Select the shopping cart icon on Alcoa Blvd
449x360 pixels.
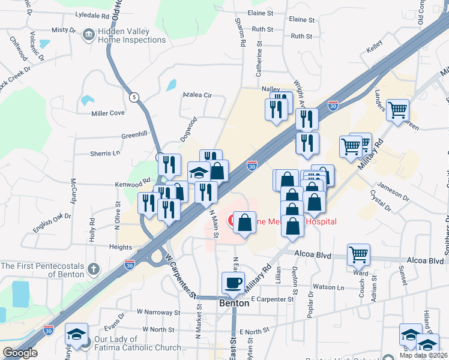click(358, 254)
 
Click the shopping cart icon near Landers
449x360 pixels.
click(397, 110)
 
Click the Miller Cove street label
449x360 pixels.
click(108, 113)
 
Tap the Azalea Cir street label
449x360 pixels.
click(198, 95)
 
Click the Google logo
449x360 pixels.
click(20, 353)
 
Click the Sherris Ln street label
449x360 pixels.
click(105, 154)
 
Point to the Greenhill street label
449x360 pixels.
click(134, 134)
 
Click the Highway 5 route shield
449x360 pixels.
click(133, 97)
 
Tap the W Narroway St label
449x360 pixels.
click(158, 313)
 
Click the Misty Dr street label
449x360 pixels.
click(64, 29)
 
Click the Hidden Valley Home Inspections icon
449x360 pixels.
click(88, 34)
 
